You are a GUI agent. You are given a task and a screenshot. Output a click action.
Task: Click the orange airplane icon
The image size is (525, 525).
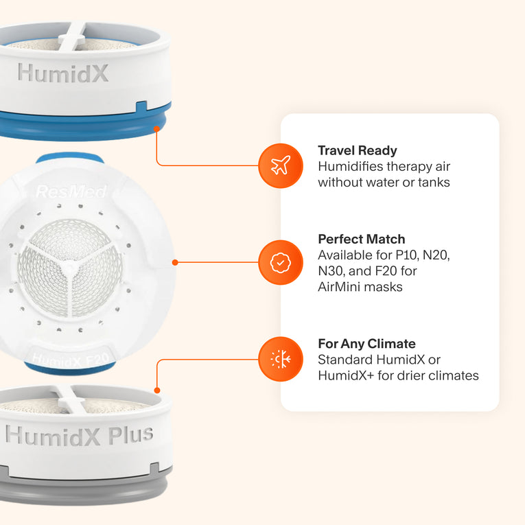[x=281, y=166]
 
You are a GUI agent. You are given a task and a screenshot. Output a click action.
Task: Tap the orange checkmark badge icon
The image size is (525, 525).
[x=281, y=262]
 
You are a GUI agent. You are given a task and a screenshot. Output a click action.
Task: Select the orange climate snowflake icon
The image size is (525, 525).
[x=281, y=359]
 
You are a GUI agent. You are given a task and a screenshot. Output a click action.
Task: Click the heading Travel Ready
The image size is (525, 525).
[x=358, y=151]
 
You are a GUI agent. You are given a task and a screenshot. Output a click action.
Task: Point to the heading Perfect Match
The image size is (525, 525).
[x=361, y=239]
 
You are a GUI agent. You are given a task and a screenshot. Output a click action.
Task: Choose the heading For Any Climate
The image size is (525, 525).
[x=366, y=344]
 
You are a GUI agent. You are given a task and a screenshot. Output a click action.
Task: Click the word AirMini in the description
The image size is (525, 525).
[x=339, y=287]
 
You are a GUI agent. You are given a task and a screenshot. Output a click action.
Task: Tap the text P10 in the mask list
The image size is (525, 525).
[x=406, y=255]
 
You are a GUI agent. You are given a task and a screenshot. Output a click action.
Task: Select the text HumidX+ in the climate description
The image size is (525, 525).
[x=346, y=375]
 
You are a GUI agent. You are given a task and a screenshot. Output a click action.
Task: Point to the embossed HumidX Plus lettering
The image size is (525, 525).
[x=80, y=436]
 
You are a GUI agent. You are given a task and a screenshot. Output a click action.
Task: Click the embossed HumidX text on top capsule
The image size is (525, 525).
[x=63, y=73]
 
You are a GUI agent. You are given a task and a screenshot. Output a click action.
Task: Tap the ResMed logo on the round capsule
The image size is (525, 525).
[x=71, y=192]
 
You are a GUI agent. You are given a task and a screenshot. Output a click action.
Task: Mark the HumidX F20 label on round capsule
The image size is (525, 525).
[x=71, y=360]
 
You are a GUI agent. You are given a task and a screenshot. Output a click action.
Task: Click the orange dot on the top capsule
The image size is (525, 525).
[x=156, y=129]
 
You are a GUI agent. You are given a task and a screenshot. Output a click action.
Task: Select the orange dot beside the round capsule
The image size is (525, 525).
[x=175, y=262]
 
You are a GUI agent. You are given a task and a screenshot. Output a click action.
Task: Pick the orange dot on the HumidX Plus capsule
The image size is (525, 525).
[x=157, y=390]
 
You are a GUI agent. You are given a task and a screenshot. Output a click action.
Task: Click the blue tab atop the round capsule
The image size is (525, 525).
[x=69, y=157]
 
